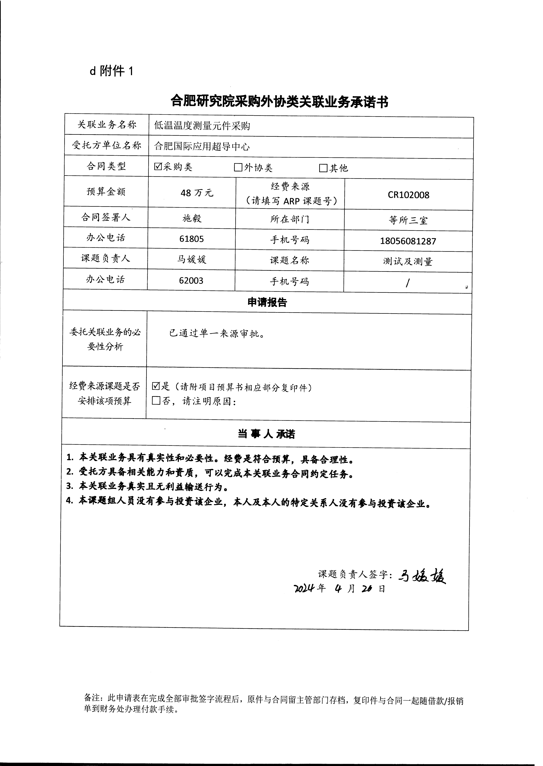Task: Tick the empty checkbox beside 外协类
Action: pyautogui.click(x=238, y=167)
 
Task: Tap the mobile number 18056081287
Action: pyautogui.click(x=408, y=241)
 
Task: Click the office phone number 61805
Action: pyautogui.click(x=192, y=239)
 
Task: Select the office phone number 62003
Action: pyautogui.click(x=191, y=280)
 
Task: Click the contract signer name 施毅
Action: pyautogui.click(x=192, y=218)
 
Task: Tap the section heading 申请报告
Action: pyautogui.click(x=267, y=302)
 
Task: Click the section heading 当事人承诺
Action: pyautogui.click(x=267, y=434)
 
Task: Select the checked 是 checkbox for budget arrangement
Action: pyautogui.click(x=156, y=386)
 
